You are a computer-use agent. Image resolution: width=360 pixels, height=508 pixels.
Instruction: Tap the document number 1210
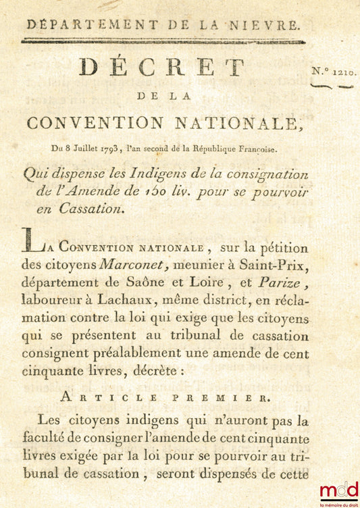tap(344, 71)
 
